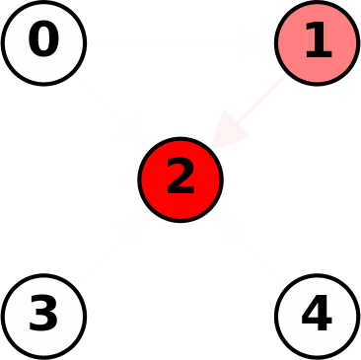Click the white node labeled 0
pos(43,43)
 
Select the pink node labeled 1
pos(317,43)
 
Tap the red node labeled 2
pos(180,180)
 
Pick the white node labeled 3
pos(43,317)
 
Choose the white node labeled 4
pos(317,317)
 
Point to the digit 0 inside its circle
pos(43,41)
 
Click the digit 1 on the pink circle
pos(317,41)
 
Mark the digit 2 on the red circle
pos(180,178)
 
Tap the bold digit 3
pos(43,315)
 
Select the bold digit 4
pos(317,315)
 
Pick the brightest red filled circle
pos(180,180)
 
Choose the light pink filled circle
pos(317,43)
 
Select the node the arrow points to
pos(180,180)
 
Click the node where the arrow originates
pos(317,43)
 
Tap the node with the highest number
pos(317,317)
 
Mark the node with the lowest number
pos(43,43)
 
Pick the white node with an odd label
pos(43,317)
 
